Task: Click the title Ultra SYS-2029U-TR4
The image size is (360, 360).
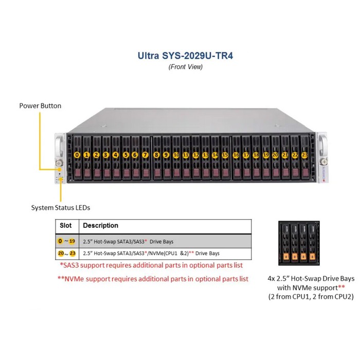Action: (x=179, y=55)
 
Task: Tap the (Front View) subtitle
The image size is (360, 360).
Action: (x=179, y=67)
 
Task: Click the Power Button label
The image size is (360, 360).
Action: (x=40, y=106)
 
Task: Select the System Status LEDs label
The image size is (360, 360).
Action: (x=61, y=208)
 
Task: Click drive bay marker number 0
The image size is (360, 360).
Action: (x=77, y=154)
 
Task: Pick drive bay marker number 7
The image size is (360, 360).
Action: (x=145, y=154)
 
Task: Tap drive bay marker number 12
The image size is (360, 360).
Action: (x=195, y=154)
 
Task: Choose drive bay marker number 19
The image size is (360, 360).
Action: (x=266, y=154)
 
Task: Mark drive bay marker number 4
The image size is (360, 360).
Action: (x=115, y=154)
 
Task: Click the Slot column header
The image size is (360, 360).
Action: (x=66, y=226)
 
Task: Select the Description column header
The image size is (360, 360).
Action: (x=101, y=226)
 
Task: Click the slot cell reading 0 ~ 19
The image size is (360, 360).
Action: (x=67, y=241)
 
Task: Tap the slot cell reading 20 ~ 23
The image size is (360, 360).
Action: (x=67, y=254)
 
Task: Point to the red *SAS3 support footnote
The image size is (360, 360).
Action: (x=151, y=266)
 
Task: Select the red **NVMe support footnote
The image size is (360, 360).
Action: (x=153, y=279)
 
